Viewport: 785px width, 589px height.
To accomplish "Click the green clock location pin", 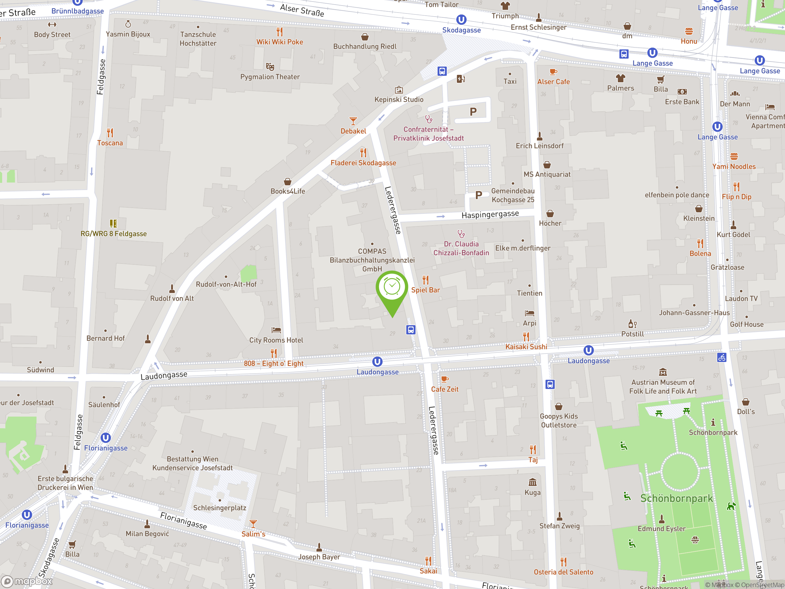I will point(392,289).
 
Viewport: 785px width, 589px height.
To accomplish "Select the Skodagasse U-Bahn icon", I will point(461,20).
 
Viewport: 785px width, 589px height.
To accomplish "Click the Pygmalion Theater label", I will point(270,77).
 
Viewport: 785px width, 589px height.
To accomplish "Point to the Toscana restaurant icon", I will point(110,133).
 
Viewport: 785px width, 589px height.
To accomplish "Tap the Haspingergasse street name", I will point(490,214).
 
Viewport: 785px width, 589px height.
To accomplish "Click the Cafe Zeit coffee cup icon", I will point(444,379).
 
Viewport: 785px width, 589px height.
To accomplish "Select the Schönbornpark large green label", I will point(676,499).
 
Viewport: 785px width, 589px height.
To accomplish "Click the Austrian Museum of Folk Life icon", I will point(663,372).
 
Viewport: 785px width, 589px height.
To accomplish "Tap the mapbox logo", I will point(27,581).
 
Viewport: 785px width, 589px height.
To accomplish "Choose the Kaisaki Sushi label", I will point(526,347).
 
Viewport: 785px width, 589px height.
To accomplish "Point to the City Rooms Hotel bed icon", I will point(276,330).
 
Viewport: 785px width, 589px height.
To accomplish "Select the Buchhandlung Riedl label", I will point(365,47).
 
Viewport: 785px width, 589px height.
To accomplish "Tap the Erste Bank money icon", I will point(682,92).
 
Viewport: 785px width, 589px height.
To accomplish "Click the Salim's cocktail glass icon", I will point(253,524).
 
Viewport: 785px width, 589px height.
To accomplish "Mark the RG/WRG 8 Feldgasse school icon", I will point(113,223).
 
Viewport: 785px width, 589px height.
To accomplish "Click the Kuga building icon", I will point(532,482).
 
